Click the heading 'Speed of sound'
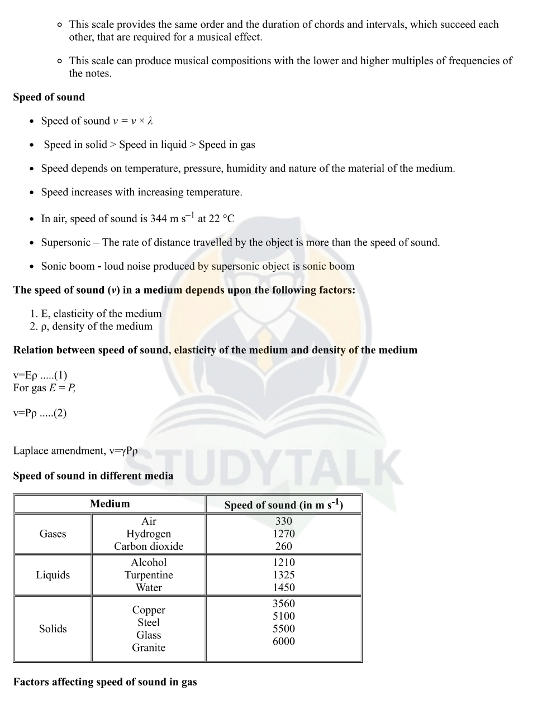point(49,97)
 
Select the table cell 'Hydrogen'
point(149,534)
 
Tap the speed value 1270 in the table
point(284,534)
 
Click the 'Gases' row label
point(53,534)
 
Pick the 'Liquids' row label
point(53,575)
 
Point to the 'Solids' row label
point(53,629)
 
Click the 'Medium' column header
point(110,503)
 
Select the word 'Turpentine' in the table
point(149,575)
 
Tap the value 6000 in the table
point(284,641)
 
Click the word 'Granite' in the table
point(149,648)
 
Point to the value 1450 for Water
point(284,587)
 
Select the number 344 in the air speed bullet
point(159,219)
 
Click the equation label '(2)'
point(60,413)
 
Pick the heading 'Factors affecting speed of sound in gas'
point(105,682)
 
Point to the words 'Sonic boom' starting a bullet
point(68,266)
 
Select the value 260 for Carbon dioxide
point(284,546)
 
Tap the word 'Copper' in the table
point(149,610)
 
